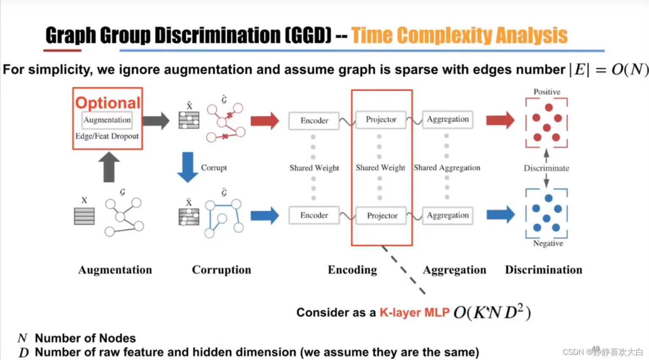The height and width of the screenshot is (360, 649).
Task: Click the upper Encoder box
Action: click(314, 121)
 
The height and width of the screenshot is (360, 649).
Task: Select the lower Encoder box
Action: click(314, 215)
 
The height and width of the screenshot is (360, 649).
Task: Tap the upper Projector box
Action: click(381, 120)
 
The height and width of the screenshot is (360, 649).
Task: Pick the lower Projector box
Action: click(382, 216)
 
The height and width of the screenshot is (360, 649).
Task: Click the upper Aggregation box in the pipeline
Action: click(448, 120)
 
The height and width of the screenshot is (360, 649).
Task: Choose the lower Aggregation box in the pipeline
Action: click(448, 215)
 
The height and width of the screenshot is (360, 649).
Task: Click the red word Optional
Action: click(107, 103)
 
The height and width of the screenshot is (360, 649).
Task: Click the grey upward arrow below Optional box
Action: click(109, 167)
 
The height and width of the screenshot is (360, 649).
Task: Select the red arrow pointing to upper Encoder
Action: click(265, 121)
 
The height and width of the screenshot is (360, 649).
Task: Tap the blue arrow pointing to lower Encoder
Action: click(265, 215)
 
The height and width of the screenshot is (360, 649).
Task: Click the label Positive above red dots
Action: click(547, 92)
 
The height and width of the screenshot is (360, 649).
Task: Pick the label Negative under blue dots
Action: click(548, 243)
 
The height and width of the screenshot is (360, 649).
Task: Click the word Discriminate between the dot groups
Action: click(546, 168)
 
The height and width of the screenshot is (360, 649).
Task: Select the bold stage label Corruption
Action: click(222, 270)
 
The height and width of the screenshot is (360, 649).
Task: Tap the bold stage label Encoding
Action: click(352, 270)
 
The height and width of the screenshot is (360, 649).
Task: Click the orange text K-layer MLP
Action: click(414, 313)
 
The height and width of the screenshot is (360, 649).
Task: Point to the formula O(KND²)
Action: click(492, 312)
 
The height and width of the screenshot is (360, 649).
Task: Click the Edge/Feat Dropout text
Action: click(107, 136)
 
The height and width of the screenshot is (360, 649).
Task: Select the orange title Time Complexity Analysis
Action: click(459, 35)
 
